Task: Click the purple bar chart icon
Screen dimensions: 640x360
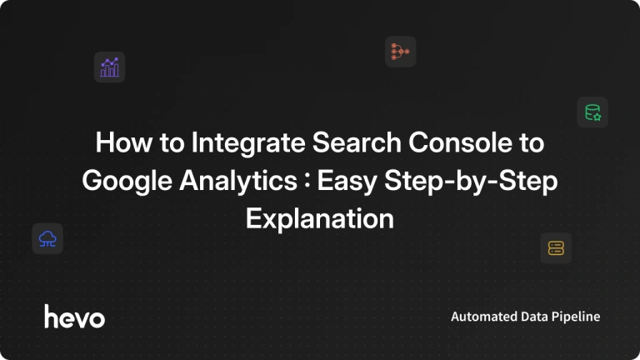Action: click(x=109, y=67)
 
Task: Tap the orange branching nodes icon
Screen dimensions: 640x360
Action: click(x=400, y=52)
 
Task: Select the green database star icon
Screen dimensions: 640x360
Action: click(x=592, y=112)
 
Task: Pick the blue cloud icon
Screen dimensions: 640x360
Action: click(x=47, y=239)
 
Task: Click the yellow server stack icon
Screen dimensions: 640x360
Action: click(x=556, y=248)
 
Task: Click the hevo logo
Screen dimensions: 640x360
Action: click(x=74, y=317)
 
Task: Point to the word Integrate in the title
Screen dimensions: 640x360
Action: click(x=248, y=143)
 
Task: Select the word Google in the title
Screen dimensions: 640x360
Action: click(x=127, y=181)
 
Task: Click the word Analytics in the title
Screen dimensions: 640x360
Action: click(x=238, y=181)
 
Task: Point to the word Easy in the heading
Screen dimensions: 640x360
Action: click(x=347, y=181)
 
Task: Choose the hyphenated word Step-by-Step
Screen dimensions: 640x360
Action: click(x=471, y=181)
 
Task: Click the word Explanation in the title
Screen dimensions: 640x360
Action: click(x=320, y=219)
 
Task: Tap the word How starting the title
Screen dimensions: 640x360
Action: click(x=123, y=142)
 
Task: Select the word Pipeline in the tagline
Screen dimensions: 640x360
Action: click(x=576, y=317)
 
